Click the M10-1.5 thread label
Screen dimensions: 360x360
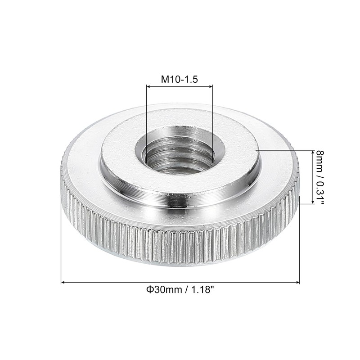(x=180, y=79)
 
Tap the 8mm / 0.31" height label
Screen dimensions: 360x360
(x=319, y=177)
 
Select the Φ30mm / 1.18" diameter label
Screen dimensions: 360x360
(x=180, y=290)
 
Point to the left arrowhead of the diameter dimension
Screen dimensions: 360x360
(x=63, y=282)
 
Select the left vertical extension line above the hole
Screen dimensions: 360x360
(x=146, y=117)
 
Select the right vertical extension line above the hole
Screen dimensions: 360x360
(x=212, y=117)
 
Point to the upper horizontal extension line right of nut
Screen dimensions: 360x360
(x=283, y=150)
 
